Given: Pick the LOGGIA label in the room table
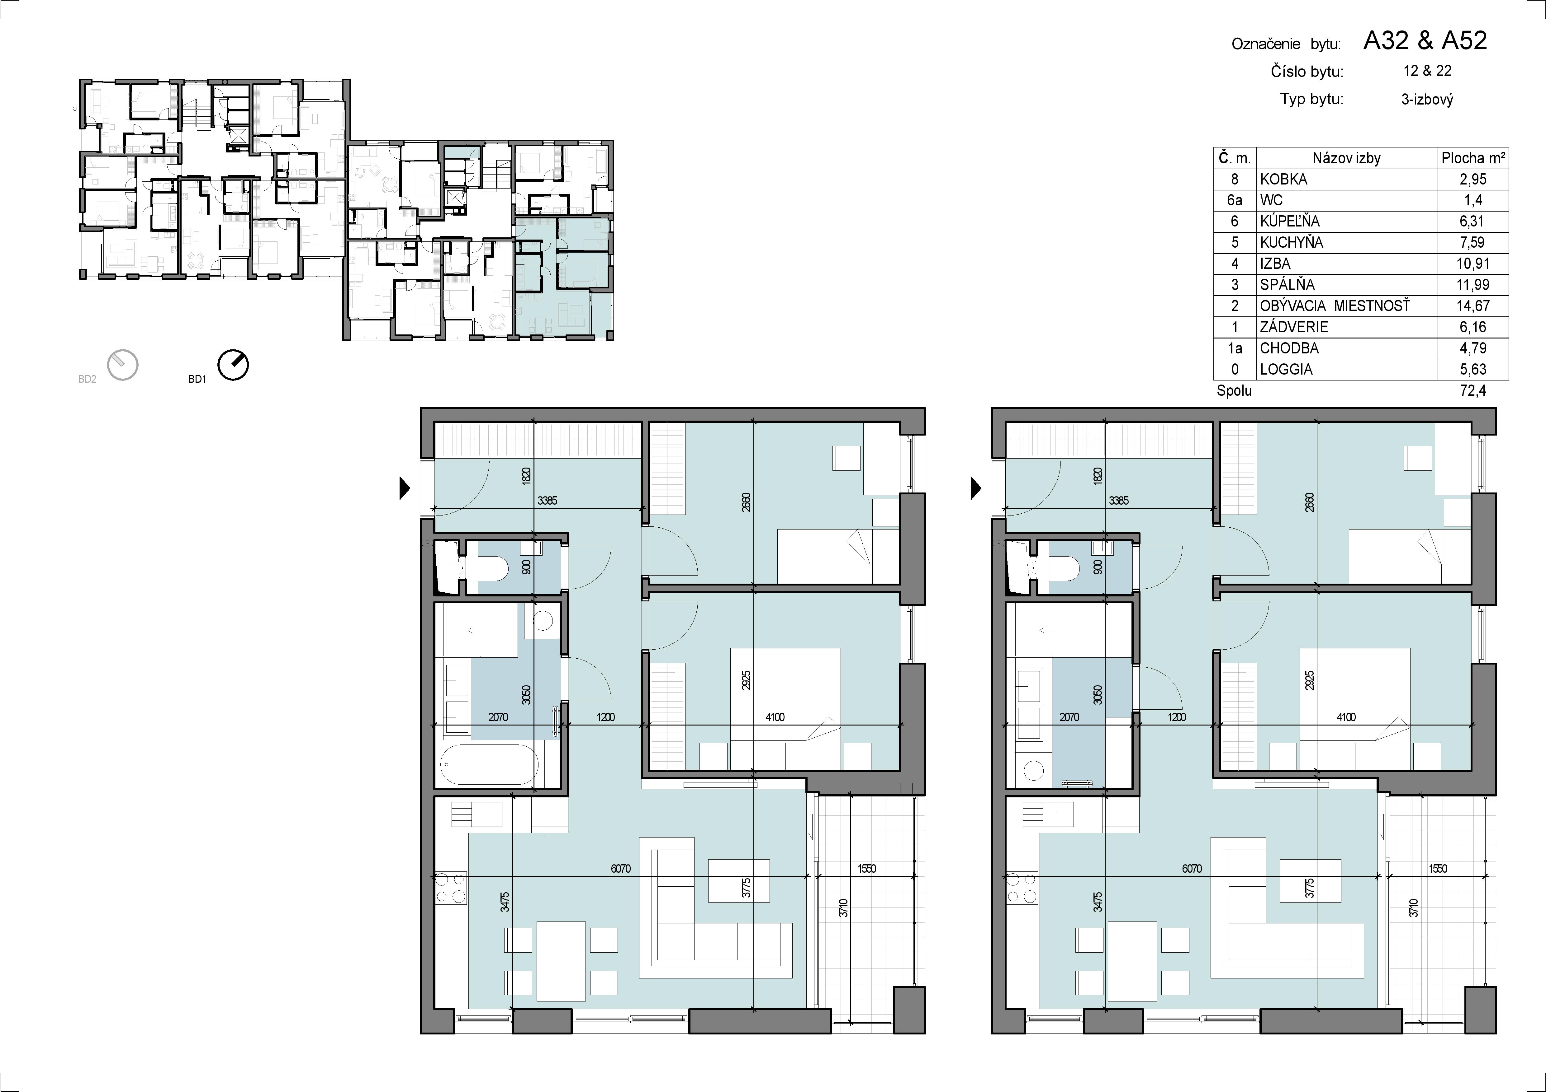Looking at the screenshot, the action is coord(1286,369).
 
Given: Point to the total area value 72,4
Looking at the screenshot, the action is coord(1473,390).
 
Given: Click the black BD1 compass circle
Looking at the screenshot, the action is coord(233,365).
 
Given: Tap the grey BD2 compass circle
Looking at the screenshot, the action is coord(122,365).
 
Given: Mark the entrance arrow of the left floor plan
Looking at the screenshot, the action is coord(405,488).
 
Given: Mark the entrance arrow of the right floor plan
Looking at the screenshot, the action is coord(976,488).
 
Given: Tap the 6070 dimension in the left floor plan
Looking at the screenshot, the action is coord(621,869).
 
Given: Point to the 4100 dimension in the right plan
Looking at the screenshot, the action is coord(1346,717).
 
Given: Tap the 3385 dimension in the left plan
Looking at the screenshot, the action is coord(548,501).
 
